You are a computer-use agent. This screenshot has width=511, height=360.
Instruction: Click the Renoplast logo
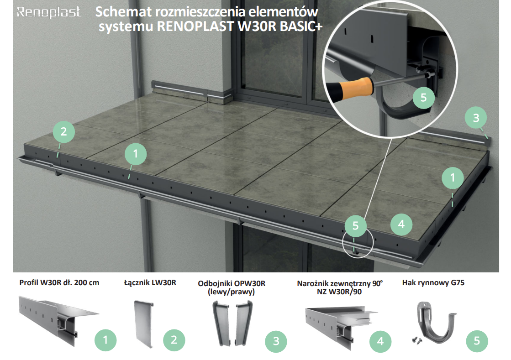(x=48, y=12)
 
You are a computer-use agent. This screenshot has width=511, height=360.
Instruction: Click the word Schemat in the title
(x=123, y=12)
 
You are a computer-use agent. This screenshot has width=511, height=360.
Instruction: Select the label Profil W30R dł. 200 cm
(x=59, y=282)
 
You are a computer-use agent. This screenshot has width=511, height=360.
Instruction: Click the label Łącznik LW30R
(x=150, y=282)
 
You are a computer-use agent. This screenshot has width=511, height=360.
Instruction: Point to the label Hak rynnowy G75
(x=433, y=282)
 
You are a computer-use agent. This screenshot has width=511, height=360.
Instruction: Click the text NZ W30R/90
(x=339, y=292)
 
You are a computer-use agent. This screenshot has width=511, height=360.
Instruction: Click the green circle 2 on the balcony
(x=63, y=131)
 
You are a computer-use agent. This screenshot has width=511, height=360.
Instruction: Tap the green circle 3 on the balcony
(x=476, y=118)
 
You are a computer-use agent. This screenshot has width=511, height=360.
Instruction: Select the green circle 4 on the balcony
(x=401, y=224)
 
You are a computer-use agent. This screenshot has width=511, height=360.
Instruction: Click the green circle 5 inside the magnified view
(x=423, y=97)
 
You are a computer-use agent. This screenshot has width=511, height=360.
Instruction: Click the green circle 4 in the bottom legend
(x=380, y=341)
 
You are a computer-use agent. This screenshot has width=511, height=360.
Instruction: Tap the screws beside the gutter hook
(x=417, y=340)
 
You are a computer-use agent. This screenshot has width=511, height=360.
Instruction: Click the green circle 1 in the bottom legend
(x=105, y=340)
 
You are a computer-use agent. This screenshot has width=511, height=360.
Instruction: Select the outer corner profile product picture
(x=341, y=325)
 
